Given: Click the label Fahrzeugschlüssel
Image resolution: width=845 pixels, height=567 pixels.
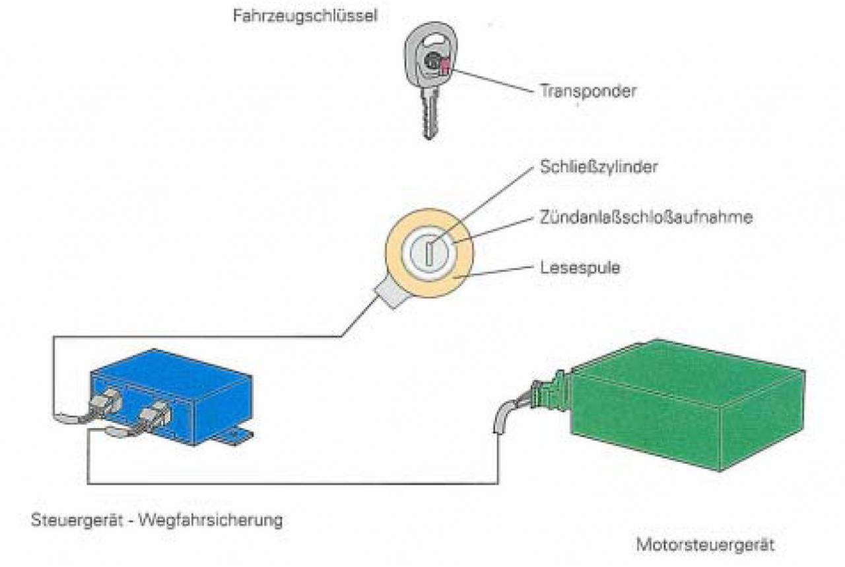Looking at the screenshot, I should (304, 16).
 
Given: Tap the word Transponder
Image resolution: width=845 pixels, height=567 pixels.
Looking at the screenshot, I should (588, 91).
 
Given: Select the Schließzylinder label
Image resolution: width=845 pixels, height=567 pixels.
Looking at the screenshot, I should (598, 167).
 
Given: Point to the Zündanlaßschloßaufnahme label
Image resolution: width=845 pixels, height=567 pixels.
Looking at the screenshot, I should (646, 217).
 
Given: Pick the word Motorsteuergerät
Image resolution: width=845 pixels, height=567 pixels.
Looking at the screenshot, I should (705, 546).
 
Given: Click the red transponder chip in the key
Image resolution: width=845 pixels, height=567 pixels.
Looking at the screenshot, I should (444, 66).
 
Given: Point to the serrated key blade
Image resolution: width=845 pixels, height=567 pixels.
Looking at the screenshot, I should (429, 119).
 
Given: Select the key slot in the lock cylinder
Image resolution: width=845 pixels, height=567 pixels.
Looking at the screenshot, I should (428, 254).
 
